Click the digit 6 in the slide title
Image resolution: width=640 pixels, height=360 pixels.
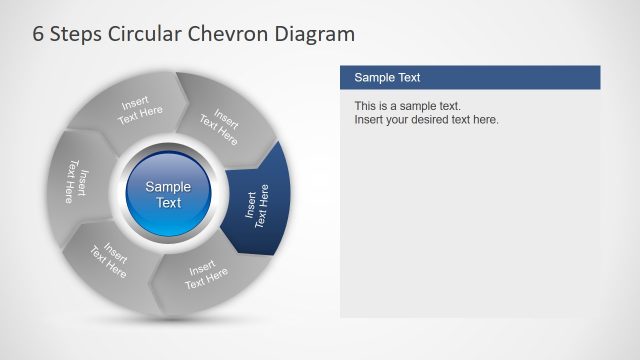(39, 34)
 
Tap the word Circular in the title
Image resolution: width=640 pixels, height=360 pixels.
(154, 34)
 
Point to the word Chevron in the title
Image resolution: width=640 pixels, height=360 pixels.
(237, 34)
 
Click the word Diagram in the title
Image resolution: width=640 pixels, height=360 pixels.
(315, 35)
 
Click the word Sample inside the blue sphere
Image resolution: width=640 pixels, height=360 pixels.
(169, 186)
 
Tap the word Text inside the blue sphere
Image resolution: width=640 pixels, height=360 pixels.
(169, 203)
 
